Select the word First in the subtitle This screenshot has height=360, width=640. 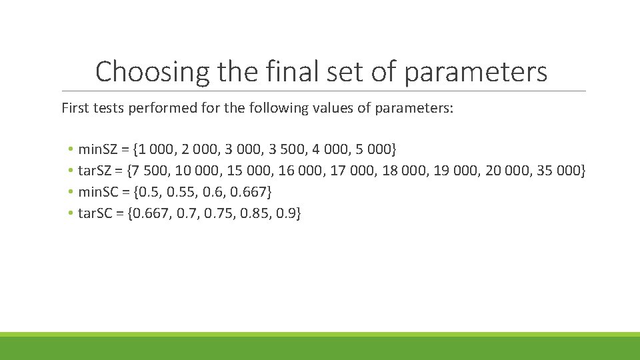pyautogui.click(x=75, y=108)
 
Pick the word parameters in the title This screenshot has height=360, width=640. pyautogui.click(x=475, y=71)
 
